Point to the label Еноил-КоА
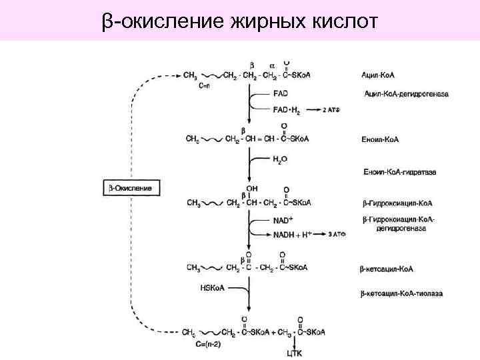click(380, 140)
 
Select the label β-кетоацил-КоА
click(388, 269)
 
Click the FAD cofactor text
click(281, 94)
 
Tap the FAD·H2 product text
click(285, 108)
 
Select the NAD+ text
click(283, 220)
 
